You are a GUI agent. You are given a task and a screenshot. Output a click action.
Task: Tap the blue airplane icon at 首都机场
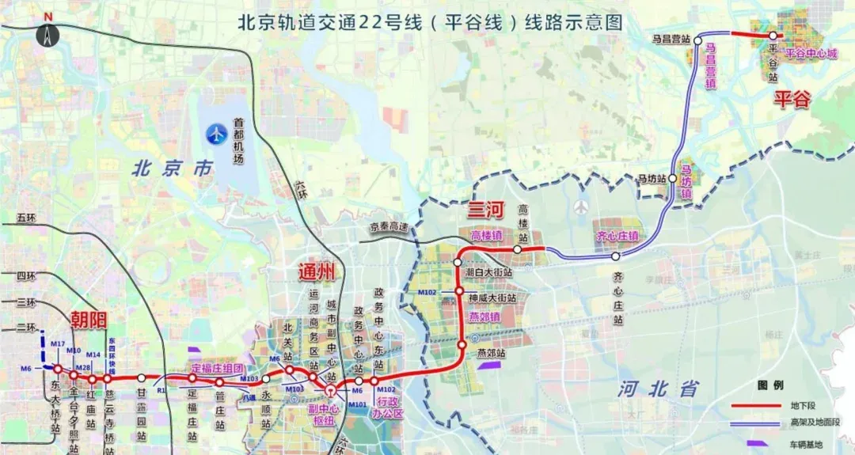coord(215,135)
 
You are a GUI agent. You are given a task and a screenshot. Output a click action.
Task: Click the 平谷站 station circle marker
coord(773,35)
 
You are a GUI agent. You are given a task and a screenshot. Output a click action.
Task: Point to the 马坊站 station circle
coord(673,179)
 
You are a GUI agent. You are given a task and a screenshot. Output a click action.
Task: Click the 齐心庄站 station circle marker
coord(615,256)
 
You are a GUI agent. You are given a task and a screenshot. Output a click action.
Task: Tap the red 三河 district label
coord(482,210)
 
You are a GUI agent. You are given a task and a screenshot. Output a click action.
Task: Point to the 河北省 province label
coord(659,388)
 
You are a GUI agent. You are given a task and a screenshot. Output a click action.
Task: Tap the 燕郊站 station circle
coord(462,344)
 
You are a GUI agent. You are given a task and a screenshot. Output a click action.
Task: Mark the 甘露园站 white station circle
coord(141,378)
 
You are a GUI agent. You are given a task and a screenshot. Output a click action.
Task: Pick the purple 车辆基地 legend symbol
coord(756,444)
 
